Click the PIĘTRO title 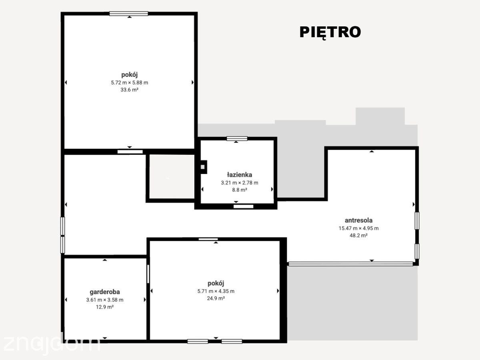tap(330, 32)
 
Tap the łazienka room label tap(240, 175)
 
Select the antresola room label tap(358, 220)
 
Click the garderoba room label tap(105, 292)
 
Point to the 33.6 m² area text tap(129, 90)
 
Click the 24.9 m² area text tap(216, 298)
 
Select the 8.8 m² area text tap(240, 190)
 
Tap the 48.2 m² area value tap(358, 236)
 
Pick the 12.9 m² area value tap(105, 307)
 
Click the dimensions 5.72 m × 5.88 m tap(129, 83)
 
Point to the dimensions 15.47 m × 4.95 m tap(358, 228)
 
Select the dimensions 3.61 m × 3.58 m tap(105, 300)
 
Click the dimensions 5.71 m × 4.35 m tap(216, 291)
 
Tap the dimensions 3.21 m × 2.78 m tap(240, 182)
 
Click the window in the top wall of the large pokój tap(129, 14)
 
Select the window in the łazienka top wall tap(237, 138)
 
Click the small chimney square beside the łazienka tap(203, 167)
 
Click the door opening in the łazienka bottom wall tap(243, 206)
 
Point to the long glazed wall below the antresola tap(351, 264)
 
